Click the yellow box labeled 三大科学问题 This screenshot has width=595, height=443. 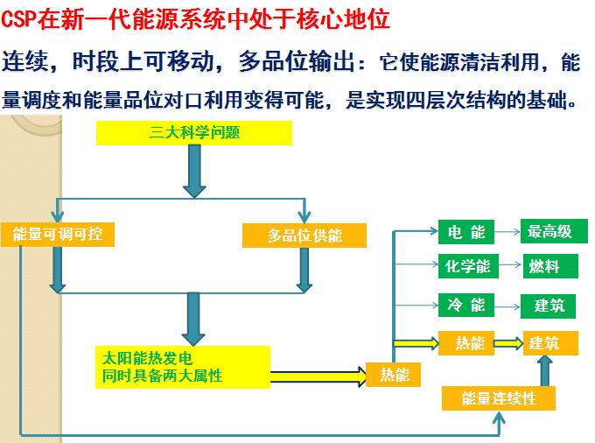pyautogui.click(x=193, y=134)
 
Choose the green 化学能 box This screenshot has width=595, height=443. pyautogui.click(x=466, y=266)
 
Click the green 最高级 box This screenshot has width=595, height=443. pyautogui.click(x=549, y=232)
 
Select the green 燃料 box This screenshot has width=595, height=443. pyautogui.click(x=549, y=266)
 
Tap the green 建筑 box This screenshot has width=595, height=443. pyautogui.click(x=549, y=306)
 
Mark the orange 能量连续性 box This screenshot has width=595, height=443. pyautogui.click(x=498, y=399)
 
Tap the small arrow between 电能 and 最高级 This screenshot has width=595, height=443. pyautogui.click(x=507, y=232)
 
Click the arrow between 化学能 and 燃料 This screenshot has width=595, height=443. pyautogui.click(x=507, y=266)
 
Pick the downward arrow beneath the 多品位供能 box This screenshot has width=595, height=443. pyautogui.click(x=304, y=270)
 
